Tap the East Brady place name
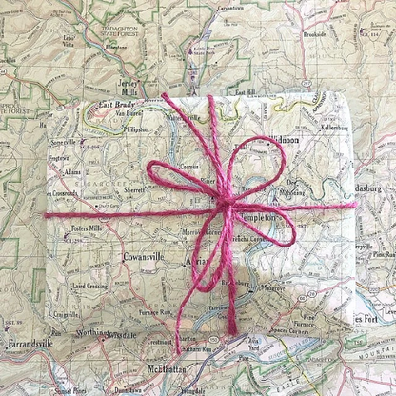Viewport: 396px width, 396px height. (118, 105)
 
